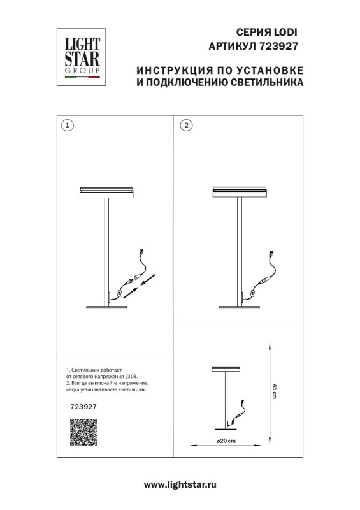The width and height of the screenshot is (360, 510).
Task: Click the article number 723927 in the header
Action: pyautogui.click(x=278, y=46)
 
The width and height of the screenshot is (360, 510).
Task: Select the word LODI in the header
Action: pyautogui.click(x=285, y=31)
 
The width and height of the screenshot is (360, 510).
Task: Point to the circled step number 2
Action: pyautogui.click(x=185, y=125)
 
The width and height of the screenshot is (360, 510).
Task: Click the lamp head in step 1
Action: pyautogui.click(x=106, y=192)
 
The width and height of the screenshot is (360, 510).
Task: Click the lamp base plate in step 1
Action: pyautogui.click(x=106, y=308)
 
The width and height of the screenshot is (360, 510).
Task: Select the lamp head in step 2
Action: pyautogui.click(x=237, y=192)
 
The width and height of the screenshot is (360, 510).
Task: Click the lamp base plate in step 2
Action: pyautogui.click(x=237, y=308)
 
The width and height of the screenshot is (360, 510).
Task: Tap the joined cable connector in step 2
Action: pyautogui.click(x=264, y=280)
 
